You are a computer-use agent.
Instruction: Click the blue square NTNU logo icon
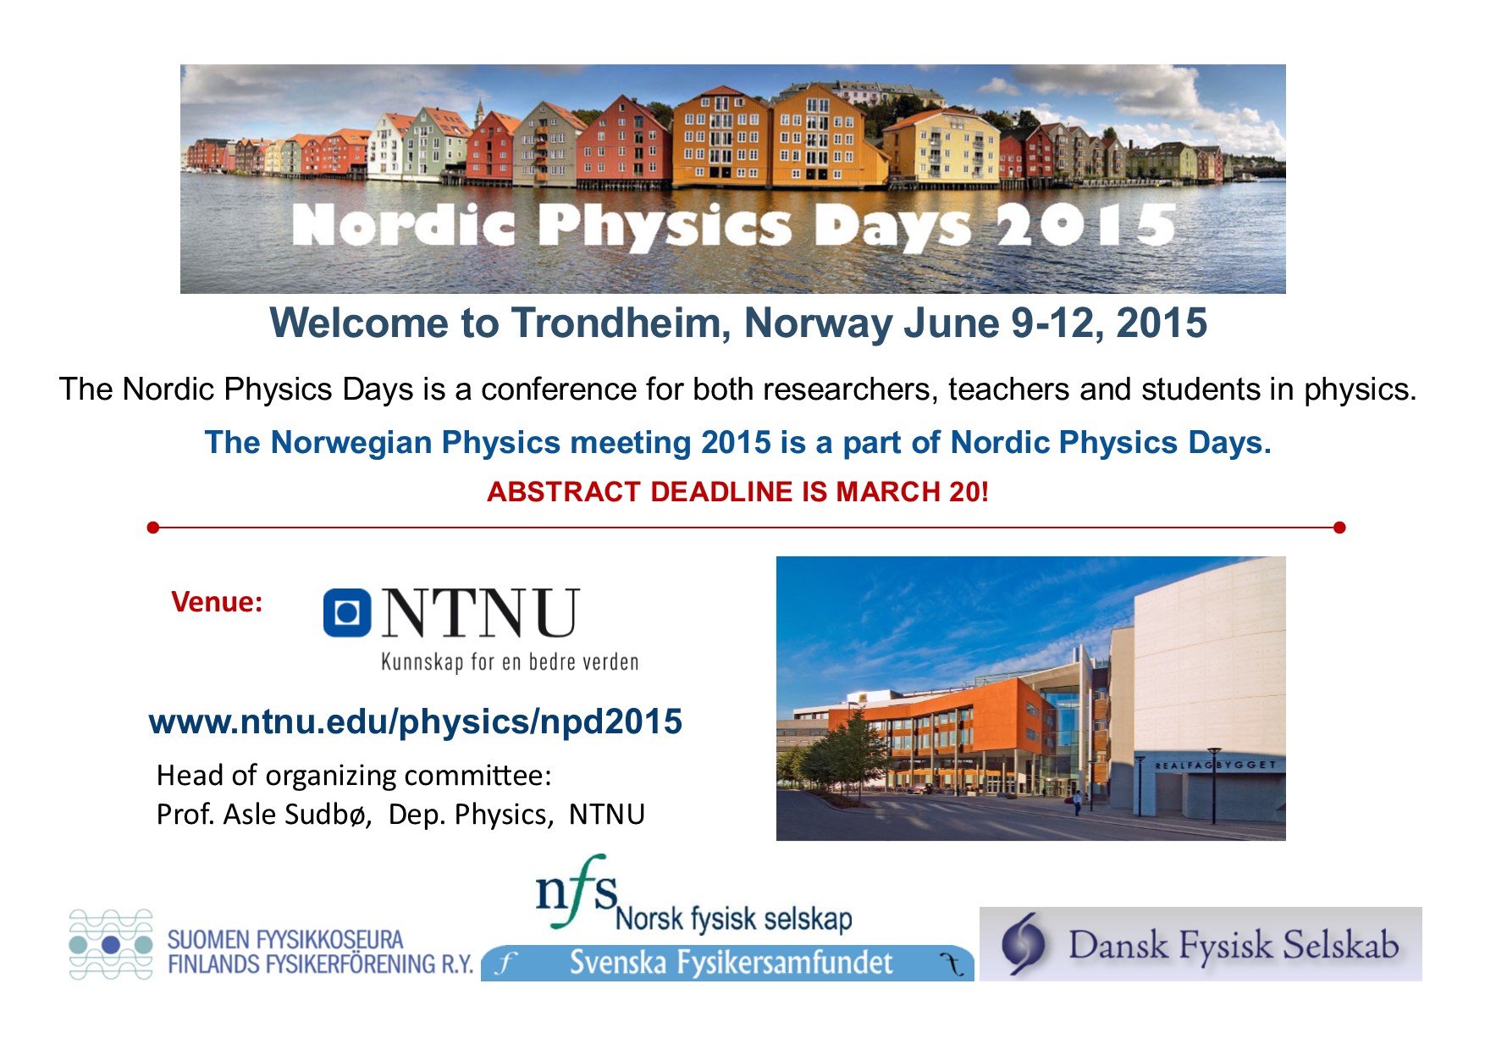(347, 612)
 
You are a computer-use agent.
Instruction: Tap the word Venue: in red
(217, 602)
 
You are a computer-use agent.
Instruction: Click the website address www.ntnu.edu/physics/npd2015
(415, 721)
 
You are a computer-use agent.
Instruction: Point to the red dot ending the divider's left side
(152, 528)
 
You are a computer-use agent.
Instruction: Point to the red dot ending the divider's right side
(1339, 528)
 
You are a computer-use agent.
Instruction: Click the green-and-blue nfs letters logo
(577, 892)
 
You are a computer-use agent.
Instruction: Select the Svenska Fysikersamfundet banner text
(731, 963)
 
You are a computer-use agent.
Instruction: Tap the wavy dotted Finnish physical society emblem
(111, 944)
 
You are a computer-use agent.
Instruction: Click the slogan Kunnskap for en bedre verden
(510, 661)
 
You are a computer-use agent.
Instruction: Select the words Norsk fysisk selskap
(733, 920)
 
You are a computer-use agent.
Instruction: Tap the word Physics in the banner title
(665, 227)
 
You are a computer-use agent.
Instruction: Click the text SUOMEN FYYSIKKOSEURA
(285, 940)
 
